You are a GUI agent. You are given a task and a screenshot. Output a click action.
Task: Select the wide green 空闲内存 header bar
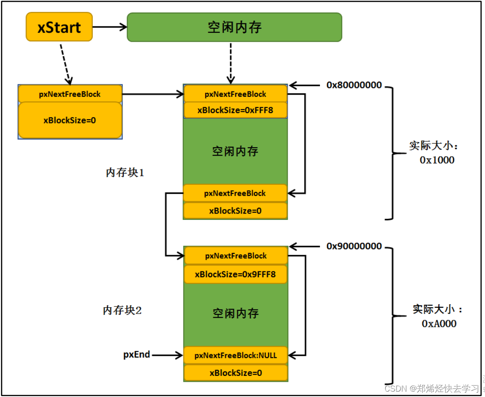pyautogui.click(x=234, y=27)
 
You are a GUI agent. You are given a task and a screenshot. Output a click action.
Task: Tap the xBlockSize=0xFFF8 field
pyautogui.click(x=235, y=110)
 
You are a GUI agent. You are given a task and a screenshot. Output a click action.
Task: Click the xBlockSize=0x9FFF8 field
pyautogui.click(x=235, y=274)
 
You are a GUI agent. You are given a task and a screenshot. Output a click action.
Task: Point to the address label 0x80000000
pyautogui.click(x=354, y=85)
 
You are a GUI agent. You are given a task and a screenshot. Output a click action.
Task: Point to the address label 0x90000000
pyautogui.click(x=354, y=246)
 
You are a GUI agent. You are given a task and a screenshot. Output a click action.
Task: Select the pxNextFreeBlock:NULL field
pyautogui.click(x=235, y=355)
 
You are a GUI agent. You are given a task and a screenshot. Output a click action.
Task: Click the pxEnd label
pyautogui.click(x=136, y=355)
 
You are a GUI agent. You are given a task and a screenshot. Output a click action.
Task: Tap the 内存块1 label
pyautogui.click(x=125, y=173)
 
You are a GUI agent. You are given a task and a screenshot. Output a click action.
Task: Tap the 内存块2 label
pyautogui.click(x=122, y=310)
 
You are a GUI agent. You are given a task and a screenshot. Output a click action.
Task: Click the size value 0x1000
pyautogui.click(x=437, y=160)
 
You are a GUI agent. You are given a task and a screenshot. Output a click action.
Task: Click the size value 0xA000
pyautogui.click(x=439, y=323)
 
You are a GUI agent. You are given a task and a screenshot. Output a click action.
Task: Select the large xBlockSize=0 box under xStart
pyautogui.click(x=70, y=120)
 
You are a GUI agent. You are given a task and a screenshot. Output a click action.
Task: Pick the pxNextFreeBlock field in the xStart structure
pyautogui.click(x=70, y=94)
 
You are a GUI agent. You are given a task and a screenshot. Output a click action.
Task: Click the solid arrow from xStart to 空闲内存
pyautogui.click(x=110, y=27)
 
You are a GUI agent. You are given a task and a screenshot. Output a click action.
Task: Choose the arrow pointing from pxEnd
pyautogui.click(x=167, y=355)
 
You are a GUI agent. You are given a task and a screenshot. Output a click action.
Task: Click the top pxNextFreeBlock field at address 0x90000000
pyautogui.click(x=235, y=256)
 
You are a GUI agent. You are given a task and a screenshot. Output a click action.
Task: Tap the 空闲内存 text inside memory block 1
pyautogui.click(x=235, y=151)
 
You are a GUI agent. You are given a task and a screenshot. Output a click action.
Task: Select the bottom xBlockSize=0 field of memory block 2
pyautogui.click(x=235, y=373)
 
